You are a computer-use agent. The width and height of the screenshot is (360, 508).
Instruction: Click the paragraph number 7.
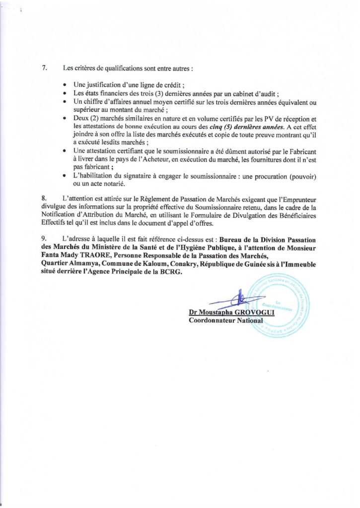45,68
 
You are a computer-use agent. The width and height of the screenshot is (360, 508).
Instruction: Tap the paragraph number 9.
45,240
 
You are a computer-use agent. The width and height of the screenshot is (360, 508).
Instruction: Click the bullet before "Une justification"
66,85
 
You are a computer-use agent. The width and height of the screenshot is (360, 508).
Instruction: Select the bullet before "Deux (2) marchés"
66,119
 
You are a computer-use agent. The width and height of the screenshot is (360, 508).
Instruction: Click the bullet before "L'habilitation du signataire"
66,177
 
